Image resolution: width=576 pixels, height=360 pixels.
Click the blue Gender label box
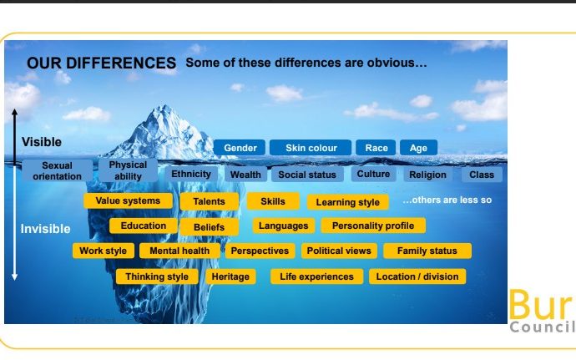(x=239, y=148)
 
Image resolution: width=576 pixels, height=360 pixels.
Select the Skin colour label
(x=311, y=148)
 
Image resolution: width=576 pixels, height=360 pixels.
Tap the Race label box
(x=376, y=148)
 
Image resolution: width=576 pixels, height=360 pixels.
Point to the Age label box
(x=418, y=148)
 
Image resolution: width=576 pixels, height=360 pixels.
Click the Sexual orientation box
(x=57, y=170)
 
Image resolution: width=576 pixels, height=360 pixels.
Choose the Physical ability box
(x=128, y=170)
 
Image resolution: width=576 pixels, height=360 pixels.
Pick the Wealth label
(x=245, y=175)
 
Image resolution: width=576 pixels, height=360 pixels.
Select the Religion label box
(x=427, y=175)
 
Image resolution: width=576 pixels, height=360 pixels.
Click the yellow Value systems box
(x=128, y=200)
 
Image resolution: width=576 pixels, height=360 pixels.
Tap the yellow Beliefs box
(x=209, y=227)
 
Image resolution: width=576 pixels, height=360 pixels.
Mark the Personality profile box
(x=373, y=226)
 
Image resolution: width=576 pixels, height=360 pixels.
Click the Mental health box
(x=179, y=251)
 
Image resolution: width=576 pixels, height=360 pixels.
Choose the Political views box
(x=339, y=251)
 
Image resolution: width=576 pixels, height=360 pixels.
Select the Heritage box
(x=230, y=276)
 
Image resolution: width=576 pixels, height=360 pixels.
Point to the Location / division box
(x=417, y=276)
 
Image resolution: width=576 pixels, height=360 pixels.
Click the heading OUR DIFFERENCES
(x=101, y=63)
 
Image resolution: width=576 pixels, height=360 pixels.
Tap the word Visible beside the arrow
(x=42, y=142)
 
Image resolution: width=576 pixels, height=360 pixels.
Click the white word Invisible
(x=45, y=229)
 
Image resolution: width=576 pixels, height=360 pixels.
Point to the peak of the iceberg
(x=164, y=106)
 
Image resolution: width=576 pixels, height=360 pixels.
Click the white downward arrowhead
(x=15, y=276)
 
